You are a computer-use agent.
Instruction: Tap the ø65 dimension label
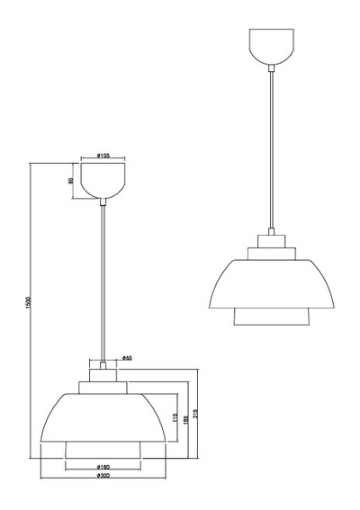(x=128, y=358)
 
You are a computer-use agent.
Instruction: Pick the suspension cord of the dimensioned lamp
(x=103, y=279)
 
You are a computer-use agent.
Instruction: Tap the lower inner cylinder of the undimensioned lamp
(x=271, y=317)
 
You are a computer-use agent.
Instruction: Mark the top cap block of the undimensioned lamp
(x=271, y=241)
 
